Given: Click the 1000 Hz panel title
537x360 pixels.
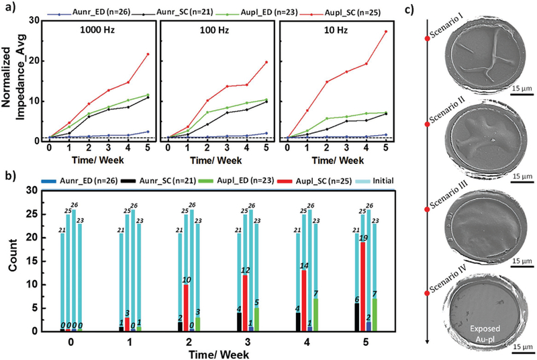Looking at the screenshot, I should point(77,32).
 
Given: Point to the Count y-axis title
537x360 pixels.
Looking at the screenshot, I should point(12,260).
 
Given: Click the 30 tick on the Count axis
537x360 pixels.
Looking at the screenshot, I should point(31,190).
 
